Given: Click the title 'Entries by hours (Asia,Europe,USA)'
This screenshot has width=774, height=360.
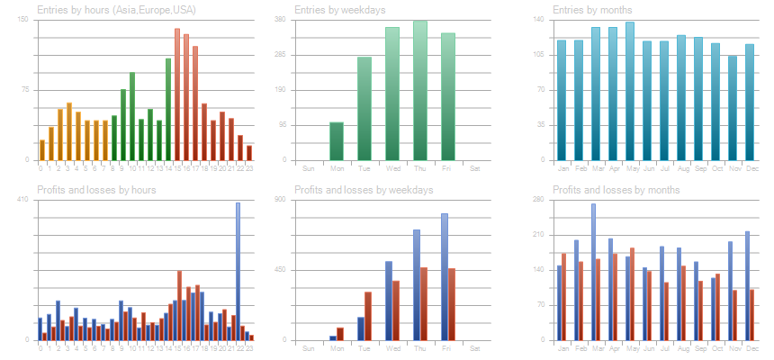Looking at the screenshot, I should (116, 10).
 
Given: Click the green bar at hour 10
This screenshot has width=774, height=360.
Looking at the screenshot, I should (132, 116).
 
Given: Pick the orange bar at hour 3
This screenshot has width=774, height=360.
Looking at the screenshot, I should (68, 131).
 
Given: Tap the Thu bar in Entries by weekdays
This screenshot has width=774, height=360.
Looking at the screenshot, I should (420, 91).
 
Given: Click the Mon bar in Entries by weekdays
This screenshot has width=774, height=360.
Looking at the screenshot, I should (337, 141).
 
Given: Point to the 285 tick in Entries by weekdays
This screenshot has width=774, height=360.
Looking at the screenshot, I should (303, 55).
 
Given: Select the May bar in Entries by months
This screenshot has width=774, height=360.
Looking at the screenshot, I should (630, 91).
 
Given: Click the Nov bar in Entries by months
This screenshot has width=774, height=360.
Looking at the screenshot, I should (733, 108).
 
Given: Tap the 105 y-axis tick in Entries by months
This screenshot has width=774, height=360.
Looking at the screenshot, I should (539, 55).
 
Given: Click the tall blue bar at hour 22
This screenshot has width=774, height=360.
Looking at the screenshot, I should (238, 271).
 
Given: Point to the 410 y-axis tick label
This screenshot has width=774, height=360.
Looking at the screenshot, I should (23, 199).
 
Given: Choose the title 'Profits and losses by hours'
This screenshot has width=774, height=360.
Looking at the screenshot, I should (96, 190).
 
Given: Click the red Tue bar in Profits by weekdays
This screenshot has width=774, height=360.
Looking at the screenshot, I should (368, 316).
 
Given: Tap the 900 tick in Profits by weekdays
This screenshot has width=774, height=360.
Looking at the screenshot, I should (303, 199).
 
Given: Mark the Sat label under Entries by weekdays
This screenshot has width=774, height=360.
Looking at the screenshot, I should (475, 168).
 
